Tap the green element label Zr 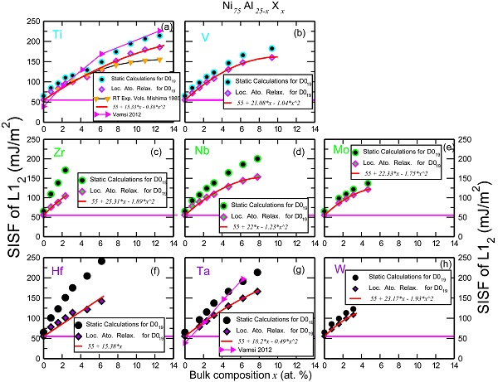pos(58,152)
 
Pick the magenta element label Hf pos(58,270)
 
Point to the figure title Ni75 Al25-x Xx pos(249,7)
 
